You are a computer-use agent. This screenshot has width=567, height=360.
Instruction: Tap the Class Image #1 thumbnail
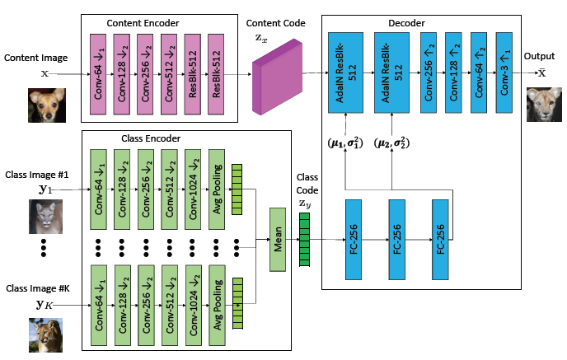click(x=45, y=217)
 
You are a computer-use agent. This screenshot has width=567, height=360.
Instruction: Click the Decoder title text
click(x=420, y=15)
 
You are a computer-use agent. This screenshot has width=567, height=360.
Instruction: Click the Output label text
click(x=540, y=56)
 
